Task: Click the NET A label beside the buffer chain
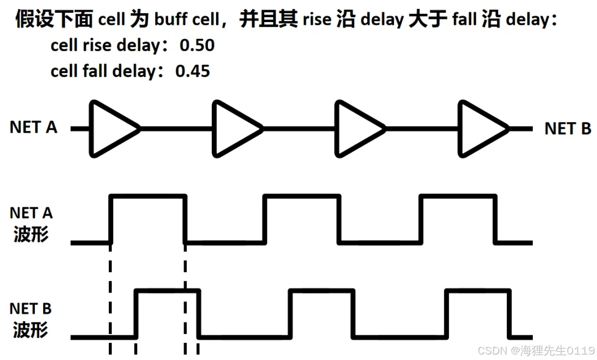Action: point(33,127)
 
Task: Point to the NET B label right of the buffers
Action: point(568,129)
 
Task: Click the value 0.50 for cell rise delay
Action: point(197,45)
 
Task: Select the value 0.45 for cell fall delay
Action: point(193,71)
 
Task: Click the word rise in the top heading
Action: point(316,21)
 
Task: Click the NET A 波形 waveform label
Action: point(31,223)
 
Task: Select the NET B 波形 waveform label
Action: point(31,319)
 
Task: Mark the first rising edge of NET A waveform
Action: point(112,219)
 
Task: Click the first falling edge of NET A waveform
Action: point(185,219)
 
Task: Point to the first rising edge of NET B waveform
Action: point(137,314)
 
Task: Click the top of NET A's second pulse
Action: point(302,196)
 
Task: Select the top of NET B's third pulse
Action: point(478,290)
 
